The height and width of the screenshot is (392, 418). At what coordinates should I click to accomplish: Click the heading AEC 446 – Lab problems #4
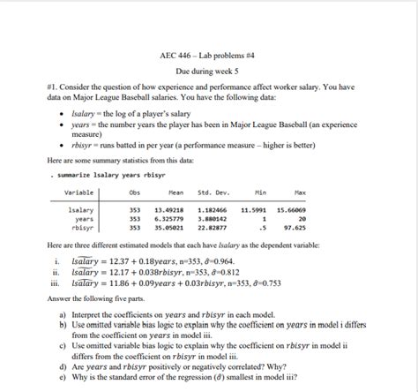click(x=208, y=55)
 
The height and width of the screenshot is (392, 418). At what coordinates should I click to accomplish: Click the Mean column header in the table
click(x=175, y=192)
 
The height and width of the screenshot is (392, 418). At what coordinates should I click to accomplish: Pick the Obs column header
click(x=134, y=192)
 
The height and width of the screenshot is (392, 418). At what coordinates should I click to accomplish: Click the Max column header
click(x=300, y=192)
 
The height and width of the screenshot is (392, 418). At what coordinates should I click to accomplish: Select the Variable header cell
click(x=78, y=192)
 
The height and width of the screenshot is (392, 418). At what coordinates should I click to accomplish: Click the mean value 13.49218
click(x=170, y=210)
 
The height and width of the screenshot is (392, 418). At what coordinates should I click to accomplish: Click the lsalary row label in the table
click(x=81, y=210)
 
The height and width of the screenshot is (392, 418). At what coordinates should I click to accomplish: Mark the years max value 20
click(x=302, y=218)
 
